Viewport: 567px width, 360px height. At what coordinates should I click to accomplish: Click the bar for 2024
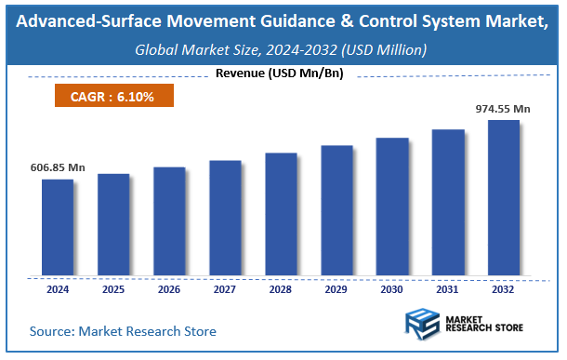pos(57,227)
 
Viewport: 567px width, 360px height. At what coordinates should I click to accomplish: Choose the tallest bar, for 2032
pos(503,197)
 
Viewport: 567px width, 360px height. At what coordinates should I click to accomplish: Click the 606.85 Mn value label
pos(57,167)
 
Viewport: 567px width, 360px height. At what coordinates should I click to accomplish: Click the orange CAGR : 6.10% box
pos(112,96)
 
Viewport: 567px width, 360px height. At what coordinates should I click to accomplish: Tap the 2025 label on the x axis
pos(113,289)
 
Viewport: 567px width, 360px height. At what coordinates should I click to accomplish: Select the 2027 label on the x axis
pos(225,289)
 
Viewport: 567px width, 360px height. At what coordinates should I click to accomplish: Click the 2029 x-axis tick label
pos(336,289)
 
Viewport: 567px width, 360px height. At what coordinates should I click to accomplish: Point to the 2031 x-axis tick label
pos(447,289)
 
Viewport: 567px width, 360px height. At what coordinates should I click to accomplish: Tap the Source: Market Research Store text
pos(123,331)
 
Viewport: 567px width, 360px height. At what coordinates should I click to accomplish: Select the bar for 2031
pos(447,202)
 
